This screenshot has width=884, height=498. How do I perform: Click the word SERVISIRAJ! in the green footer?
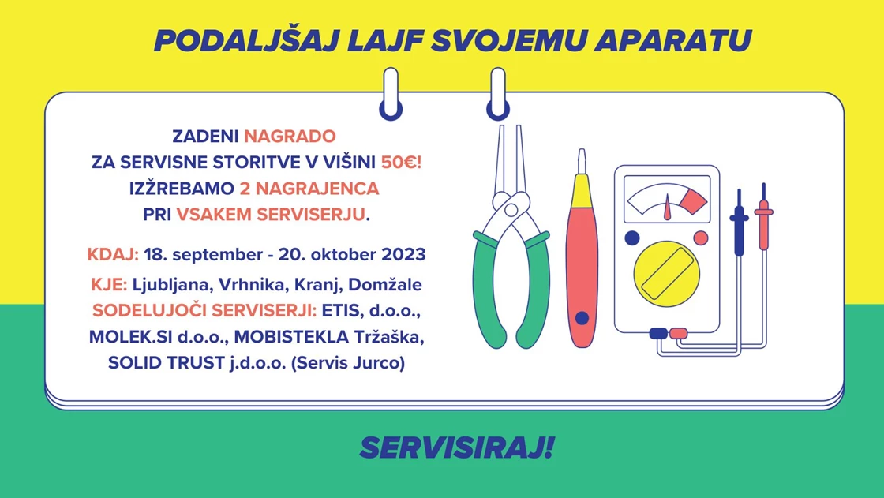pyautogui.click(x=457, y=447)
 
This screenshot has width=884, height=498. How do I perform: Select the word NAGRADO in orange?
pyautogui.click(x=290, y=136)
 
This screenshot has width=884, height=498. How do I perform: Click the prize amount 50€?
pyautogui.click(x=402, y=163)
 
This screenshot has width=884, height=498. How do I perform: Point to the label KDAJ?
pyautogui.click(x=113, y=254)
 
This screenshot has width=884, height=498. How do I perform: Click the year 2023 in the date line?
pyautogui.click(x=403, y=254)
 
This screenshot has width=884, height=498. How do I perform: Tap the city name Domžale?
pyautogui.click(x=385, y=284)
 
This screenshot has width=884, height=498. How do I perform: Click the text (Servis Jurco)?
pyautogui.click(x=348, y=362)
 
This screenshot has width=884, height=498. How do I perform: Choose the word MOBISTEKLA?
pyautogui.click(x=291, y=337)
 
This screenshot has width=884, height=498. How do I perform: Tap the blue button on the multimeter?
pyautogui.click(x=632, y=238)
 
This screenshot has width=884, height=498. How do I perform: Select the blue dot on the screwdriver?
pyautogui.click(x=582, y=318)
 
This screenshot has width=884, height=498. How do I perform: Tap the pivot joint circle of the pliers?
pyautogui.click(x=511, y=210)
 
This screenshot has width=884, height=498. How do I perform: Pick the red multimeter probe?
pyautogui.click(x=763, y=217)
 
